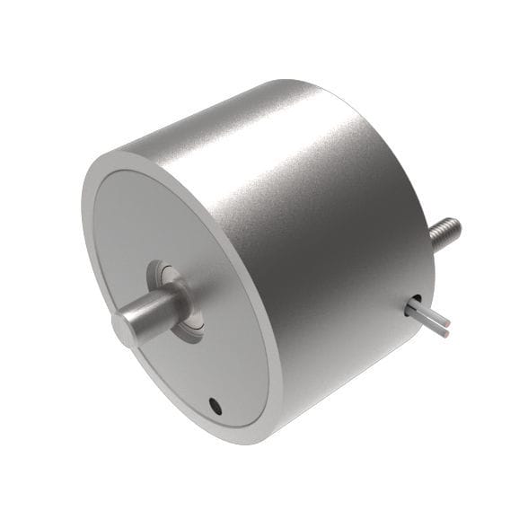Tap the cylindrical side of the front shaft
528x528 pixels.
tap(153, 310)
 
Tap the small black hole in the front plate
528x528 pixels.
tap(215, 405)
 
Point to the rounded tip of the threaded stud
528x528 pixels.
tap(454, 224)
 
